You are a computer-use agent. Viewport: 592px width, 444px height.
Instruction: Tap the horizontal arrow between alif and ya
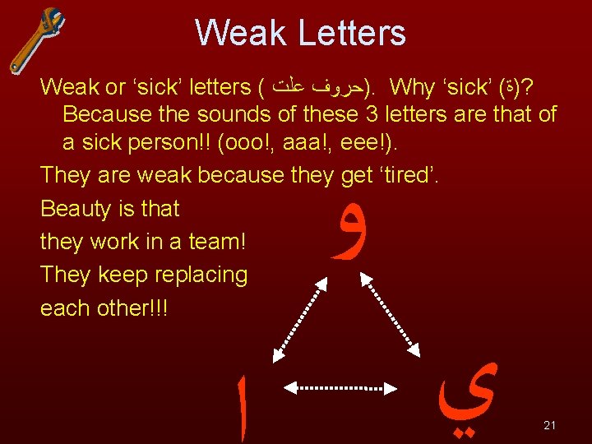tap(345, 386)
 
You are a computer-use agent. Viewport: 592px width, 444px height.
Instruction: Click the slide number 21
tap(550, 425)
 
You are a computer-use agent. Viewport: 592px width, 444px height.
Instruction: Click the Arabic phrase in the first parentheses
tap(315, 86)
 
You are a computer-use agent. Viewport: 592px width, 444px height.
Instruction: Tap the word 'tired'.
tap(411, 175)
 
